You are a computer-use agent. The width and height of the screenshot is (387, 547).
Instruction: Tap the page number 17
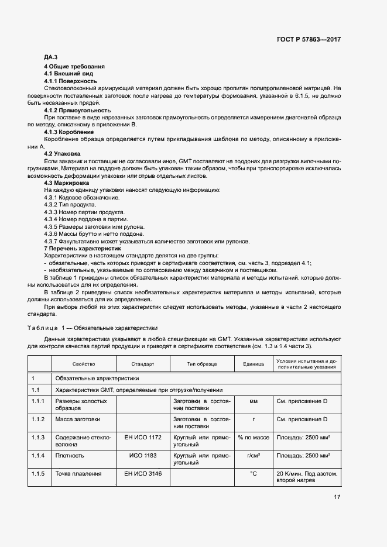(x=337, y=497)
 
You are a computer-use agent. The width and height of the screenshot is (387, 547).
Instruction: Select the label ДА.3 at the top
(x=50, y=57)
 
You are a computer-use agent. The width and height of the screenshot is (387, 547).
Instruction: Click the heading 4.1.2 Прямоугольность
(x=77, y=110)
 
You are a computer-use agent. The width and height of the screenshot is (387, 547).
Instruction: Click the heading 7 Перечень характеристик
(x=87, y=249)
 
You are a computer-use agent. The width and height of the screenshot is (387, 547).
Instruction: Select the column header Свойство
(x=84, y=364)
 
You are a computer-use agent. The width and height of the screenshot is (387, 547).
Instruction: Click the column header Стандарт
(x=143, y=364)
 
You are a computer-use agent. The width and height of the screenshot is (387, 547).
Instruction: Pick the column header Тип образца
(x=201, y=364)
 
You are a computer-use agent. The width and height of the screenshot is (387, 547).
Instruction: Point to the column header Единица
(x=254, y=364)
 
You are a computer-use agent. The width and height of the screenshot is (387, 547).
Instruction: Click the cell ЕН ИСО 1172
(x=143, y=437)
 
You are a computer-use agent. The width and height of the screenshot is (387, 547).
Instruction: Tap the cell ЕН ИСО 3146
(x=143, y=473)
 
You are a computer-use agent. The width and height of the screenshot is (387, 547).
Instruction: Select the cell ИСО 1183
(x=143, y=455)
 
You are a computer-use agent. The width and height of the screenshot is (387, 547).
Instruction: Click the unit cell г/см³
(x=254, y=455)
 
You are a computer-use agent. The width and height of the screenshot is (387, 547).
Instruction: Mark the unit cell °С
(x=254, y=473)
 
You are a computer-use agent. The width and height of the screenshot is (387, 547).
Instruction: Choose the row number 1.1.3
(x=38, y=437)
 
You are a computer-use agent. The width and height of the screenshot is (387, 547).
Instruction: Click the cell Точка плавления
(x=78, y=473)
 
